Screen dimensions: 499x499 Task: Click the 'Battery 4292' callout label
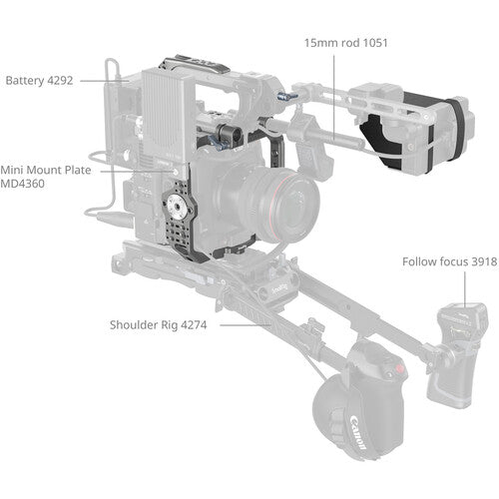click(x=40, y=80)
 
